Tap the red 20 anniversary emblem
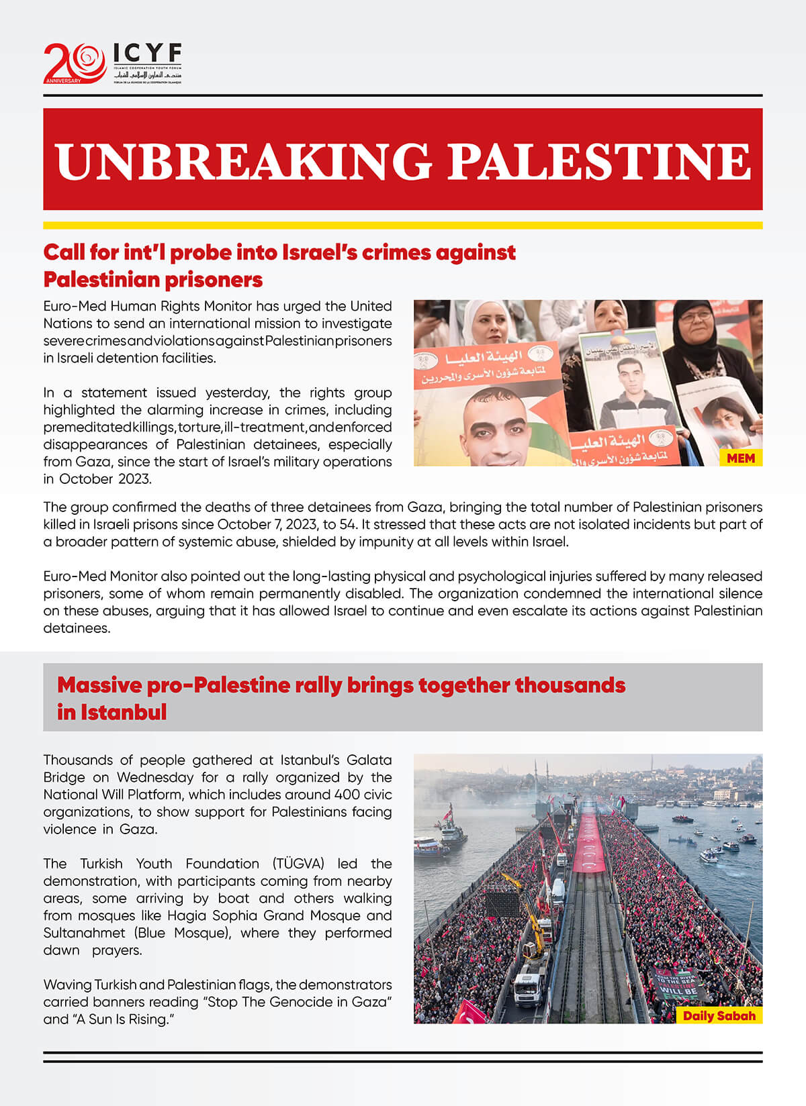point(74,63)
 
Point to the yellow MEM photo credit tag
point(740,458)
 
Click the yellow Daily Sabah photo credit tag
point(719,1015)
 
